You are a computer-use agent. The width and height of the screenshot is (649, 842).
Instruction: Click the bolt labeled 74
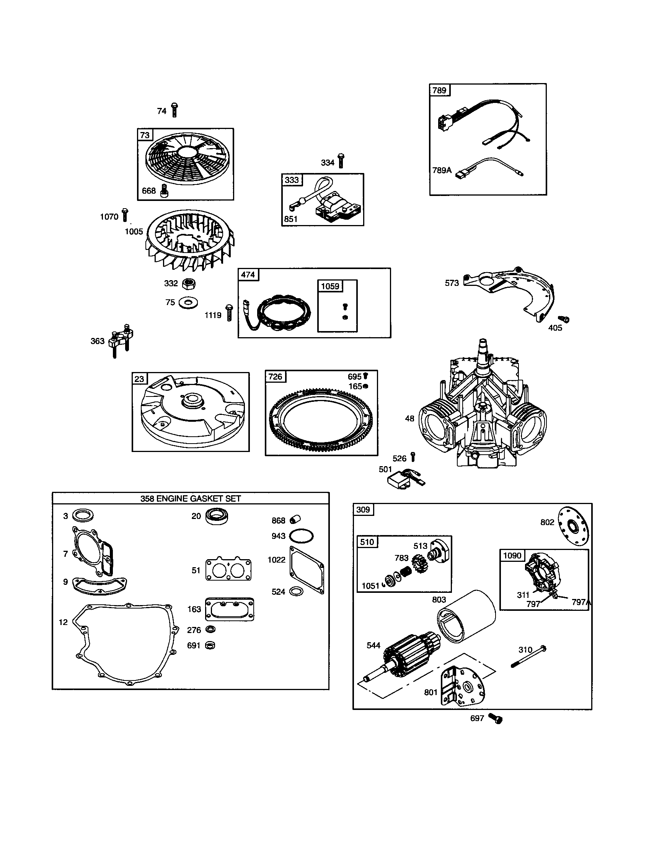click(174, 110)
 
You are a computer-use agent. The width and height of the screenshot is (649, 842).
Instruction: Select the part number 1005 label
click(134, 232)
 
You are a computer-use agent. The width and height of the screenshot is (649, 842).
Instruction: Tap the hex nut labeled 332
click(189, 284)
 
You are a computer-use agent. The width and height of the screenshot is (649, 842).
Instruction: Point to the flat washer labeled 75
click(188, 303)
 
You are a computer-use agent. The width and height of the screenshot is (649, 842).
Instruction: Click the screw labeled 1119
click(229, 313)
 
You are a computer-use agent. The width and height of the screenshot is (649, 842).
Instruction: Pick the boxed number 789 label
click(439, 91)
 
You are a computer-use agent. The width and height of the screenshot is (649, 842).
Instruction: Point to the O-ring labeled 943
click(302, 535)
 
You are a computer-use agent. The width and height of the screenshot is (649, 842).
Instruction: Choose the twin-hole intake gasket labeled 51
click(228, 569)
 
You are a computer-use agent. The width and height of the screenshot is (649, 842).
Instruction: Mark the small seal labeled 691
click(210, 645)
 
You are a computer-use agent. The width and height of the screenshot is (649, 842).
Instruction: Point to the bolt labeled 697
click(496, 718)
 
